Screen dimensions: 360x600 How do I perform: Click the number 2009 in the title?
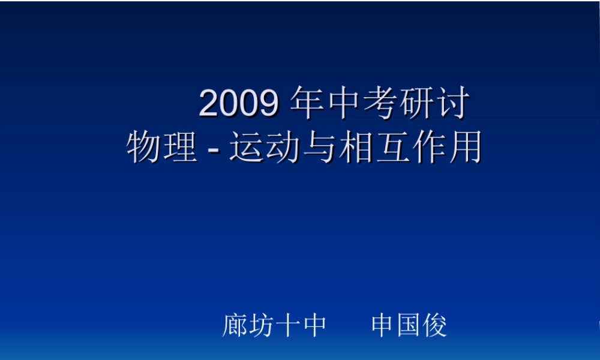coord(238,104)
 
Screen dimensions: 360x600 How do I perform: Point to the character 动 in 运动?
coord(282,147)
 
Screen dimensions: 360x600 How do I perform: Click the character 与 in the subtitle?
coord(319,147)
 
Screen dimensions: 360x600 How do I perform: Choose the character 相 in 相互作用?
coord(355,147)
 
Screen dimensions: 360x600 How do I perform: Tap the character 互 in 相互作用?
coord(391,147)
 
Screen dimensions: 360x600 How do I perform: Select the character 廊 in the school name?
coord(235,326)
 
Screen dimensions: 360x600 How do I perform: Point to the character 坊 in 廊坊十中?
coord(262,326)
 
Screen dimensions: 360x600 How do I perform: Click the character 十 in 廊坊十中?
coord(288,326)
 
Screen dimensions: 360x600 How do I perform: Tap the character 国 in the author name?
coord(409,326)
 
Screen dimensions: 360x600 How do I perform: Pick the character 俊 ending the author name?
coord(435,326)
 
